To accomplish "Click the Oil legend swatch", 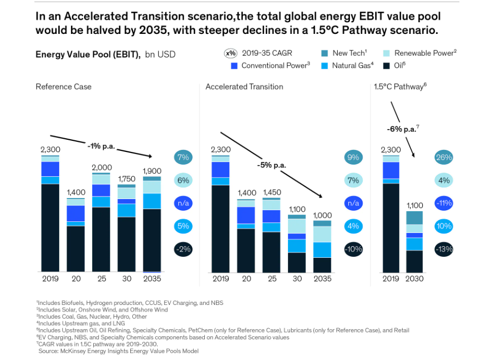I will [386, 66].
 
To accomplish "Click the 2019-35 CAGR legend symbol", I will [231, 53].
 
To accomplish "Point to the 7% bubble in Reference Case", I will [183, 157].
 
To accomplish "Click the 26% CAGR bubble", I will [443, 157].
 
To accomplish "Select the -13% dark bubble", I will [443, 249].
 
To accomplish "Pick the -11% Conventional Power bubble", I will [443, 203].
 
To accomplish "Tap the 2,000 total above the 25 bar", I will [101, 167].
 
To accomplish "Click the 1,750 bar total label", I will [126, 179].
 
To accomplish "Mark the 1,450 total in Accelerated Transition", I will [272, 193].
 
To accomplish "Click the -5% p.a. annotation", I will [272, 165].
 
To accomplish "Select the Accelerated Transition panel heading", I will [244, 87].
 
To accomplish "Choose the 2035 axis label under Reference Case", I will [152, 278].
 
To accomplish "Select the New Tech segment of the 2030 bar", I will [415, 218].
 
